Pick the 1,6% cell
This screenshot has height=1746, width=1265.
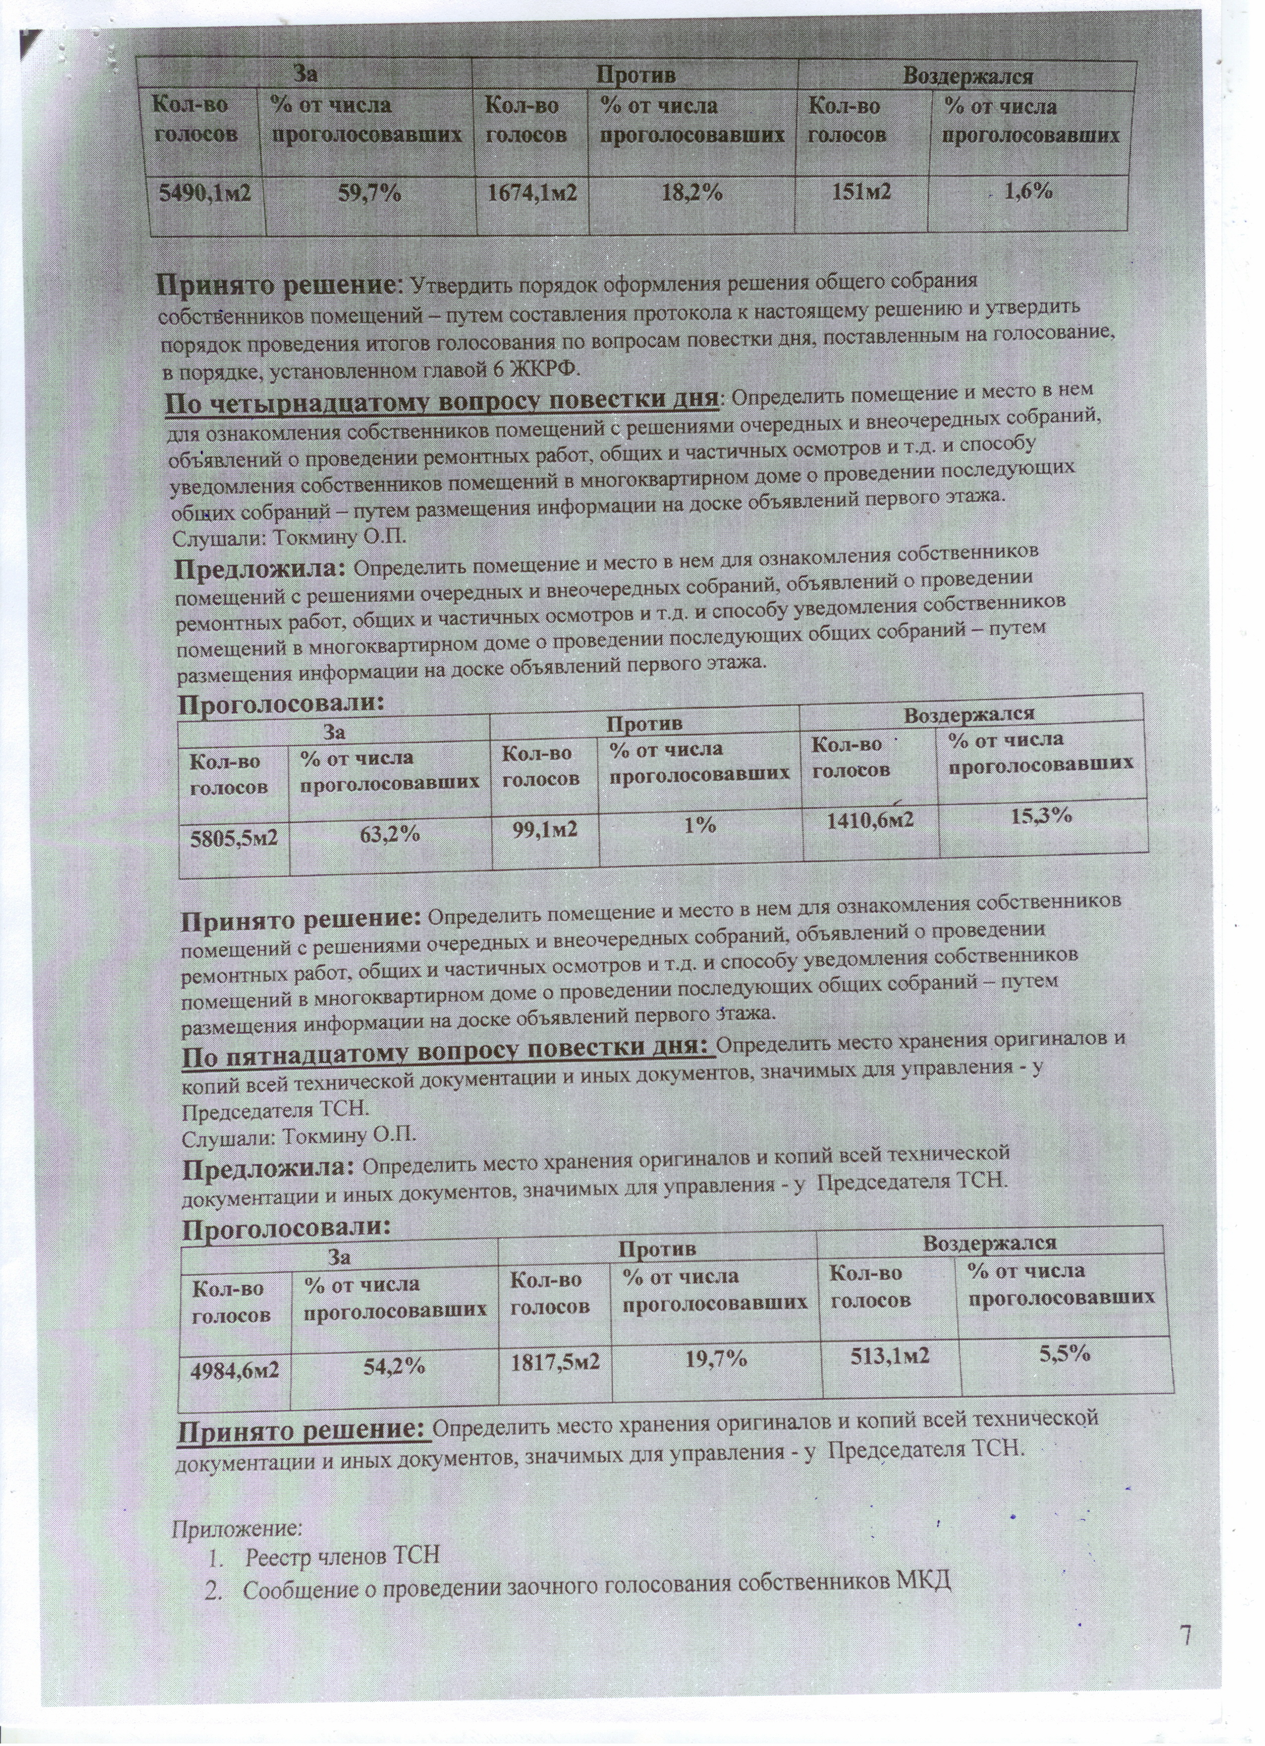(x=1030, y=191)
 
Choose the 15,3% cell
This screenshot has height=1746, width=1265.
(x=1042, y=816)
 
